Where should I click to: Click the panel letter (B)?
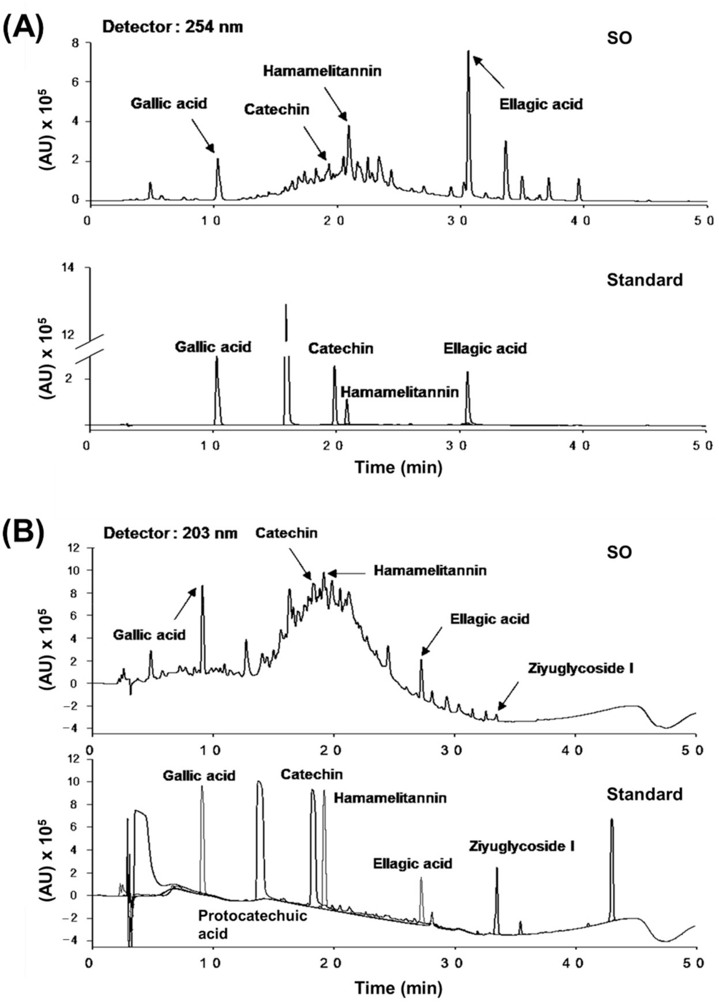pyautogui.click(x=23, y=534)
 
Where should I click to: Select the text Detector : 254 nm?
pyautogui.click(x=172, y=27)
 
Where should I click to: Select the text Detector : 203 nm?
pyautogui.click(x=170, y=533)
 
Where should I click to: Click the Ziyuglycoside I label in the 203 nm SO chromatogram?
pyautogui.click(x=581, y=668)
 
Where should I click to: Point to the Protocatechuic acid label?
pyautogui.click(x=253, y=924)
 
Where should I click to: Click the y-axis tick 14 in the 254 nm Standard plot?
pyautogui.click(x=76, y=268)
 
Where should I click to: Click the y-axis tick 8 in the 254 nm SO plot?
pyautogui.click(x=74, y=43)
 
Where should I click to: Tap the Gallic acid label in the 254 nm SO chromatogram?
pyautogui.click(x=168, y=104)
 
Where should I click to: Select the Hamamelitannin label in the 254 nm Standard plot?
pyautogui.click(x=400, y=392)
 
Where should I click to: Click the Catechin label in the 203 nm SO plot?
pyautogui.click(x=287, y=533)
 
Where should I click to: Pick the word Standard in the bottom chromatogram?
pyautogui.click(x=644, y=794)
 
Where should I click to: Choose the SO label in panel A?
pyautogui.click(x=619, y=38)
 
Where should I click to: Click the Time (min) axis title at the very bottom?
pyautogui.click(x=398, y=988)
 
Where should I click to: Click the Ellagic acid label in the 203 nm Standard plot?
pyautogui.click(x=412, y=863)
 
